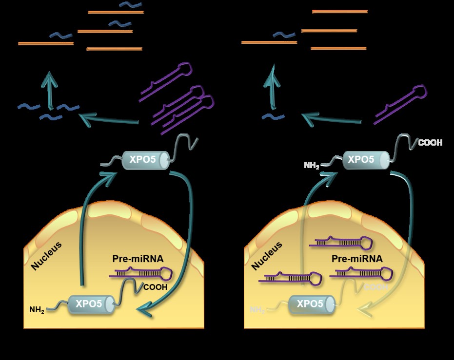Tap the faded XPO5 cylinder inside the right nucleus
[310, 304]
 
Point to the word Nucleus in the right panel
[268, 255]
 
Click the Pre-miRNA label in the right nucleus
[356, 258]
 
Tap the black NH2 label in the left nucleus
[37, 309]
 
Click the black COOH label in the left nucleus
[155, 287]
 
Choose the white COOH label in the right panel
[430, 143]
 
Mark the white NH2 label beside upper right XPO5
[312, 166]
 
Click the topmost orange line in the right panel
[339, 11]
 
